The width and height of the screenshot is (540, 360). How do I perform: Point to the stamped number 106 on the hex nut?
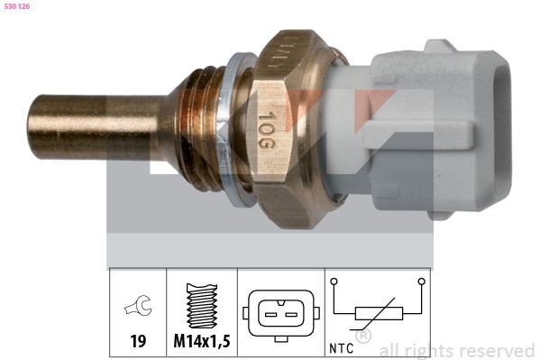(269, 131)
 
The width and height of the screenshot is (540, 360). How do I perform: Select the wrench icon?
(136, 309)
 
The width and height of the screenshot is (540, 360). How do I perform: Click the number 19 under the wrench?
(136, 342)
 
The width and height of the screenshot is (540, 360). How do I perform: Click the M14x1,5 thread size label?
(201, 342)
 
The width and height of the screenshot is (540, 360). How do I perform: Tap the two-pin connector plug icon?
(278, 313)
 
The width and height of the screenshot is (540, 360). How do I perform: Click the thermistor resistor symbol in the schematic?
(378, 315)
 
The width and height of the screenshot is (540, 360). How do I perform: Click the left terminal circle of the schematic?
(334, 283)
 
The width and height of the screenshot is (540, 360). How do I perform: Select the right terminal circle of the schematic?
(421, 283)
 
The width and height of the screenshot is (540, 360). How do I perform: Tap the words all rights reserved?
(456, 350)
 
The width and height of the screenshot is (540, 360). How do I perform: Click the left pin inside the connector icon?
(268, 314)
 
